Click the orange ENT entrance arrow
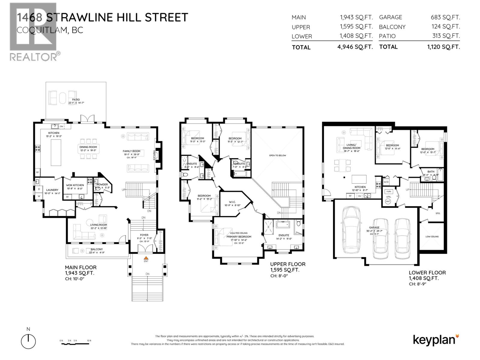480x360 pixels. (x=146, y=258)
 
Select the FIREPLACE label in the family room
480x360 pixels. (x=154, y=155)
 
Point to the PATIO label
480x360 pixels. (x=76, y=100)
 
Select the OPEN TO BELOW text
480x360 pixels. (x=277, y=155)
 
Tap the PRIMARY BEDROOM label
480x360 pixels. (x=239, y=236)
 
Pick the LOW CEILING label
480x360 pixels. (x=432, y=236)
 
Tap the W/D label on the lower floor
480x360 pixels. (x=386, y=182)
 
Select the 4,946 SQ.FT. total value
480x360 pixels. (x=355, y=47)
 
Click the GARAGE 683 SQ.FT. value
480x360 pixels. (x=445, y=17)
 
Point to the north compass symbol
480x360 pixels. (x=28, y=341)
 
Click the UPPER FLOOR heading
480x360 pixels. (x=287, y=264)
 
